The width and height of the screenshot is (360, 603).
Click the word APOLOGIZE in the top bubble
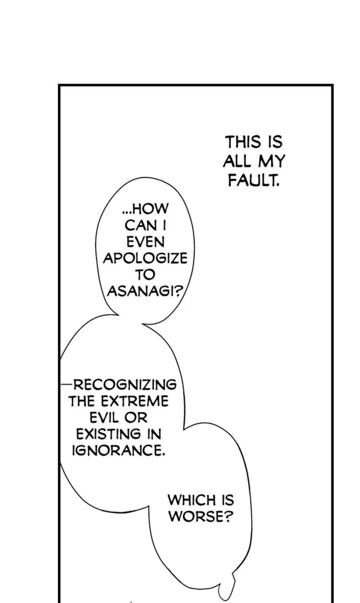point(145,258)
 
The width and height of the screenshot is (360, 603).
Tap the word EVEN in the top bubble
point(145,242)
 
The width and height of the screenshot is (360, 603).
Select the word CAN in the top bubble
point(141,226)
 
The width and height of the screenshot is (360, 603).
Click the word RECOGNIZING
point(125,385)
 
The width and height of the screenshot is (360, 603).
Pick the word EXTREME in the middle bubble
point(135,401)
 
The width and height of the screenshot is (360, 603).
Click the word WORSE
point(195,517)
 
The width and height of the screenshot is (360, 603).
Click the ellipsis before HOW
point(127,212)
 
